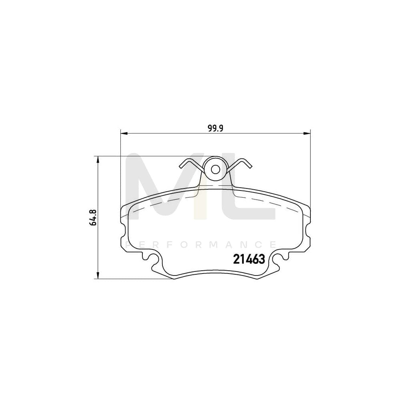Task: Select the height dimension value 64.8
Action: (x=93, y=217)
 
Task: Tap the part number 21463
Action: (x=249, y=260)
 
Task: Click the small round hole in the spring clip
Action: (x=215, y=169)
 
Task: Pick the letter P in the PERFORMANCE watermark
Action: (x=129, y=244)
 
